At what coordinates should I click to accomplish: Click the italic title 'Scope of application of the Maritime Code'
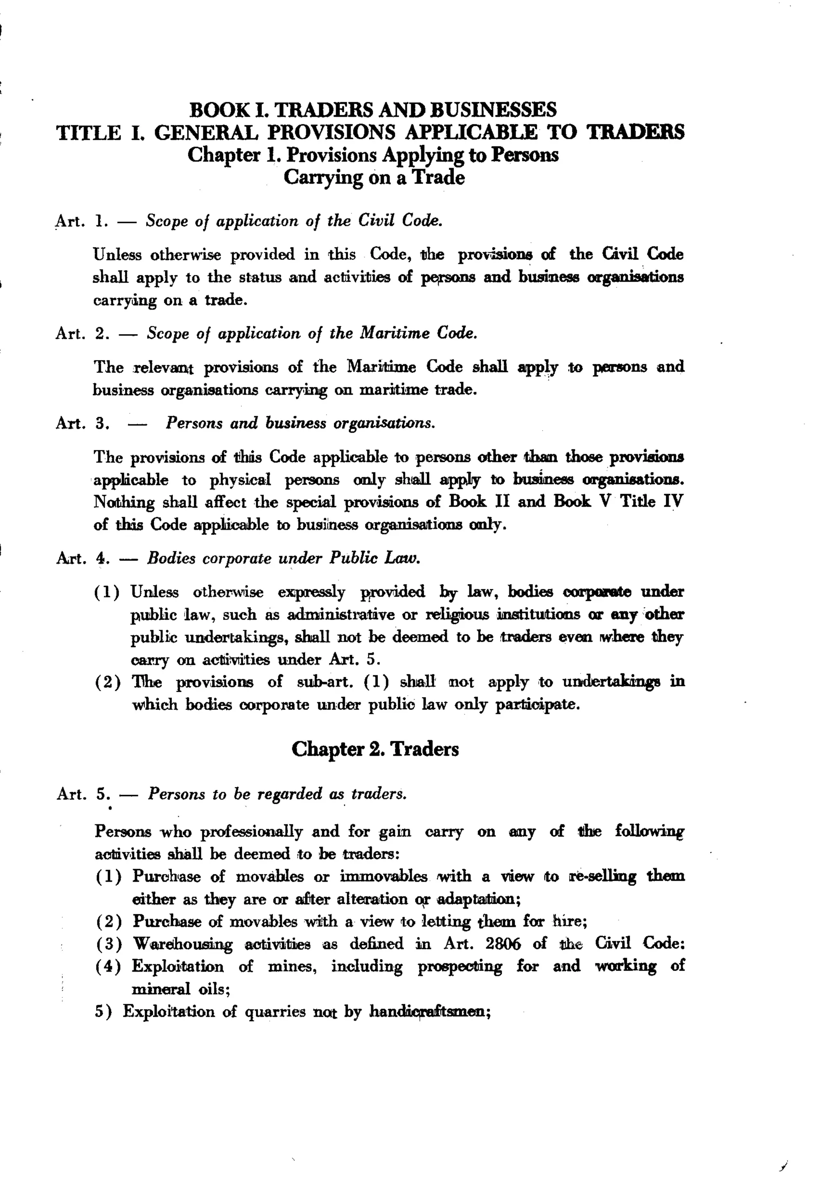[x=311, y=333]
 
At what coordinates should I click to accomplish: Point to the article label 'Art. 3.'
[x=82, y=423]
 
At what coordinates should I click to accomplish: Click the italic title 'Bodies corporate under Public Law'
[x=283, y=558]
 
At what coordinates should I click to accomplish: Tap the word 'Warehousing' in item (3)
[x=182, y=944]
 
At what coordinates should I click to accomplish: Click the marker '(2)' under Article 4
[x=108, y=682]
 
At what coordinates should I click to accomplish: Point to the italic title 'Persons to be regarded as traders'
[x=277, y=794]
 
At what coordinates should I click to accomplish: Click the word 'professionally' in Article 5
[x=251, y=832]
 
